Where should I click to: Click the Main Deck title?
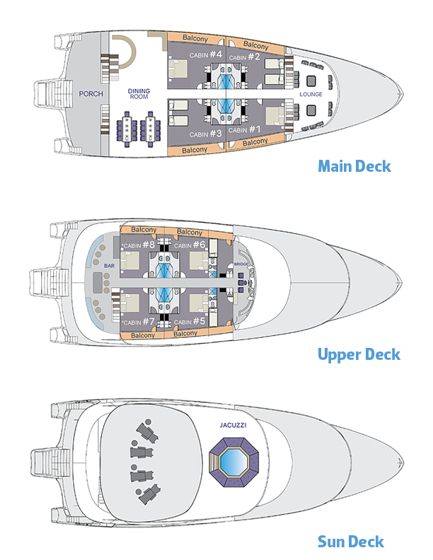click(x=354, y=167)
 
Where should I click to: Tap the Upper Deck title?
click(x=359, y=354)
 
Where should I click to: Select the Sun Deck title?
click(x=351, y=542)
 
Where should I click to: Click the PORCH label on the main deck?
click(x=91, y=94)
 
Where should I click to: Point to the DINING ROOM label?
click(x=139, y=94)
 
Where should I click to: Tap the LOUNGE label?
click(x=311, y=94)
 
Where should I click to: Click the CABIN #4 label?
click(x=206, y=55)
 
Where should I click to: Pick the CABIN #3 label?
click(x=206, y=133)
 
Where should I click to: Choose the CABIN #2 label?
click(x=244, y=57)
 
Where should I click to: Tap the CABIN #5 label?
click(x=190, y=321)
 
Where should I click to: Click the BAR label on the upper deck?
click(x=110, y=265)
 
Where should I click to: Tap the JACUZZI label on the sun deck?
click(x=233, y=426)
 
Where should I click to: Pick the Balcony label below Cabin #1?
click(x=255, y=142)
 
